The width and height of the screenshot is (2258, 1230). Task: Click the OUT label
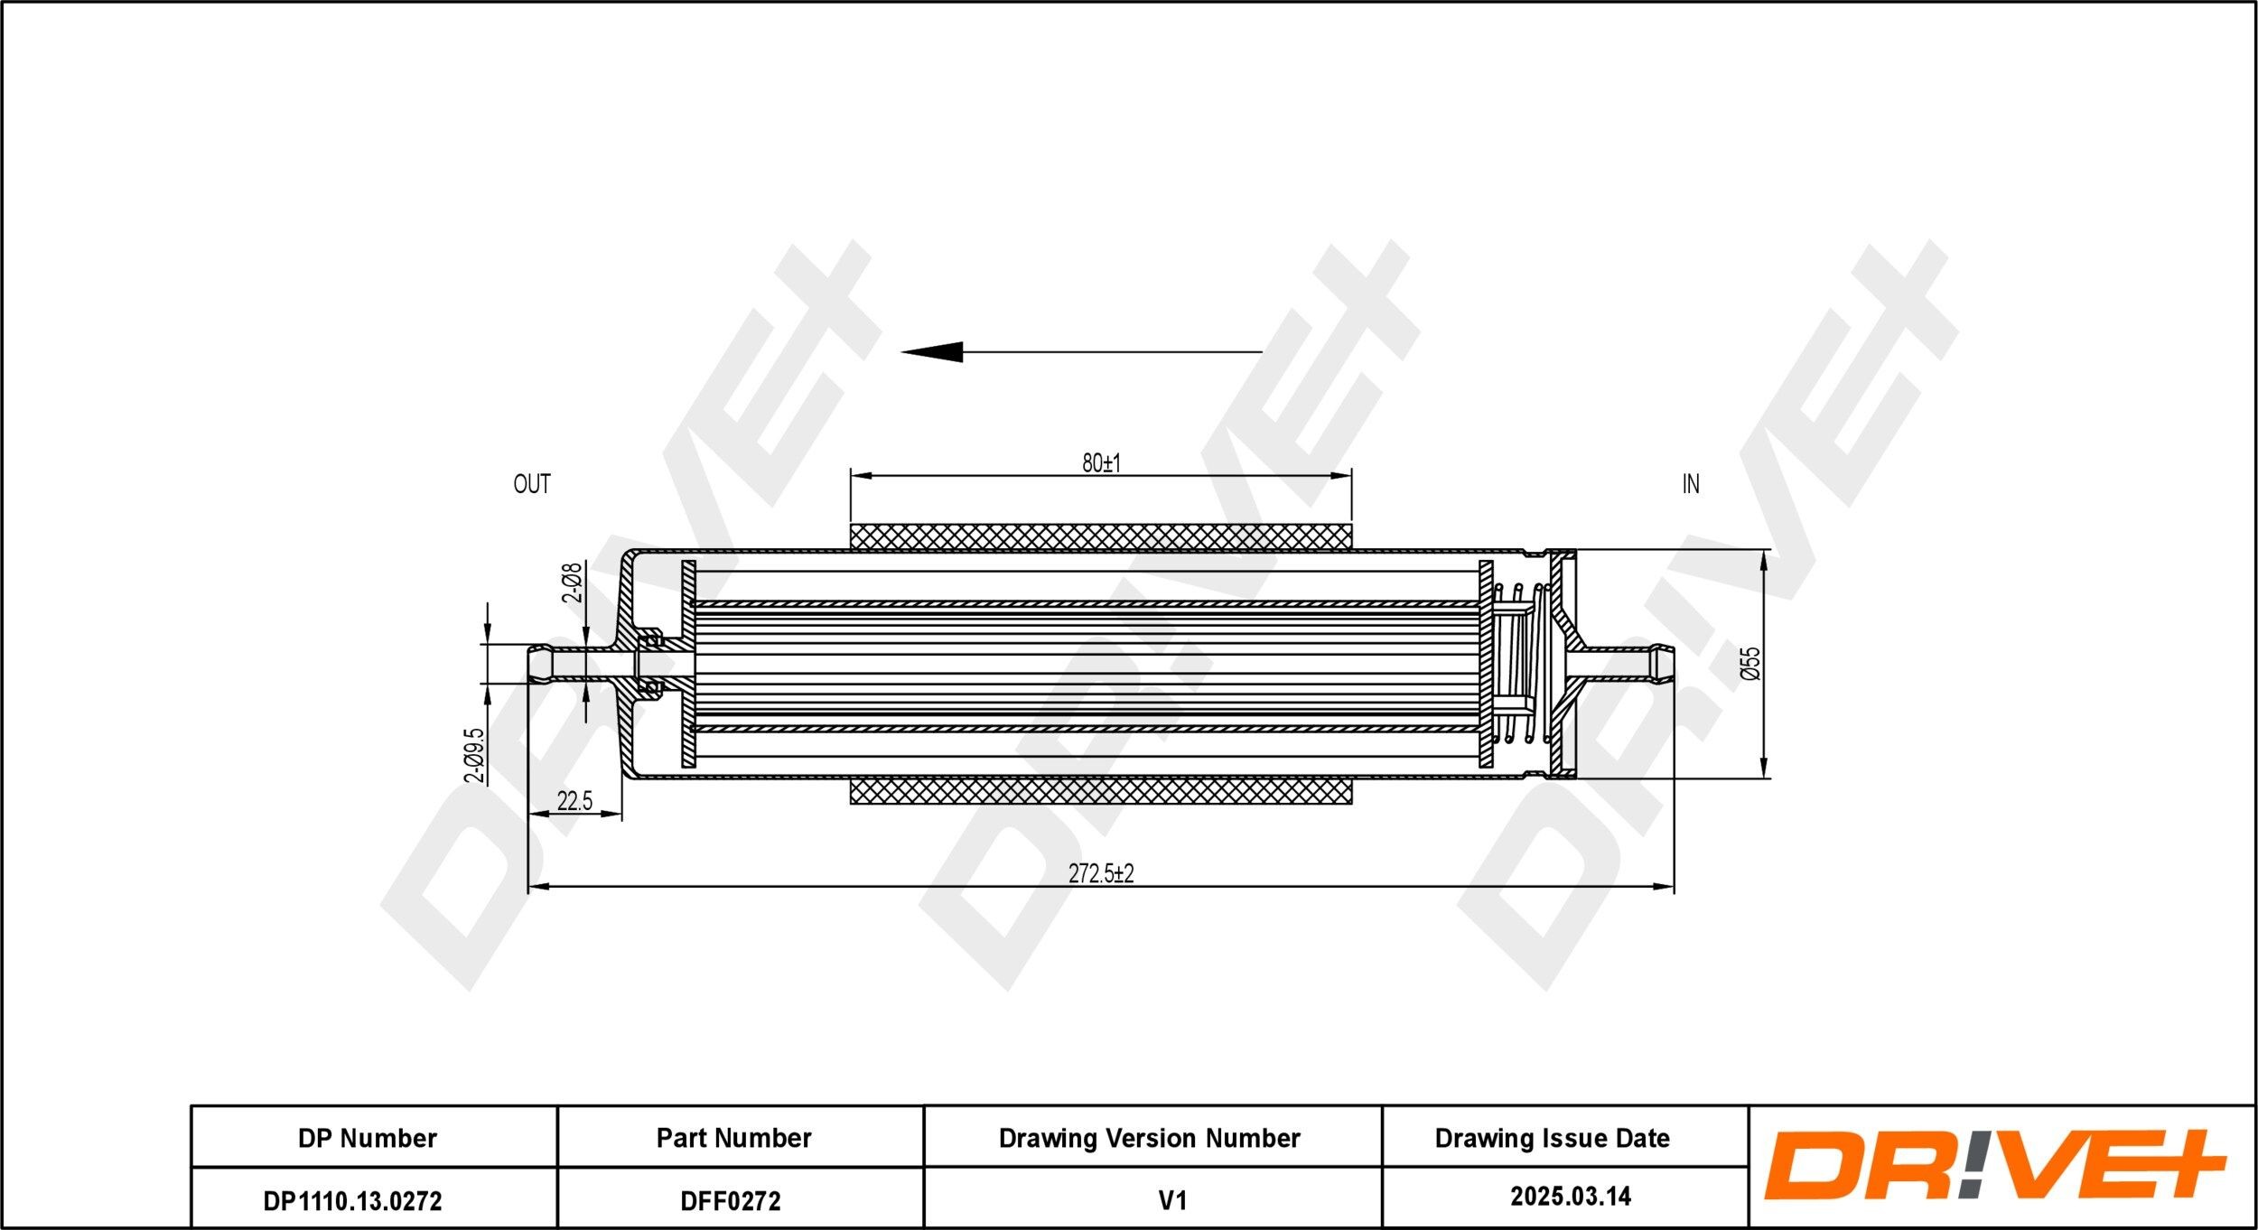[531, 484]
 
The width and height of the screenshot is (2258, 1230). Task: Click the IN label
[1690, 484]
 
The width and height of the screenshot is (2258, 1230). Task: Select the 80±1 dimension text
[1101, 463]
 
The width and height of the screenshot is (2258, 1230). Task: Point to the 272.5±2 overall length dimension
[1101, 873]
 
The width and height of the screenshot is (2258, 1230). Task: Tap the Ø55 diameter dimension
[1751, 663]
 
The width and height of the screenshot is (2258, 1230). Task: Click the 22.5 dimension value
[574, 801]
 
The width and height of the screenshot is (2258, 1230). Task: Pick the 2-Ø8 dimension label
[572, 582]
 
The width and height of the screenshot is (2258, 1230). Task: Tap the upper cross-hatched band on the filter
[1101, 536]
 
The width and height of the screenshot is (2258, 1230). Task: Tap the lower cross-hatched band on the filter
[1101, 791]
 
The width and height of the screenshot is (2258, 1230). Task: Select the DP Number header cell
[368, 1138]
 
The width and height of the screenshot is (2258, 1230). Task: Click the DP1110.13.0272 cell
[353, 1200]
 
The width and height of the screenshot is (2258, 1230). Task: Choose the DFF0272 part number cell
[731, 1200]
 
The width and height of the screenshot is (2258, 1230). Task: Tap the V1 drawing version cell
[1171, 1200]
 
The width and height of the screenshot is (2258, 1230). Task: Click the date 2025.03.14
[1571, 1197]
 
